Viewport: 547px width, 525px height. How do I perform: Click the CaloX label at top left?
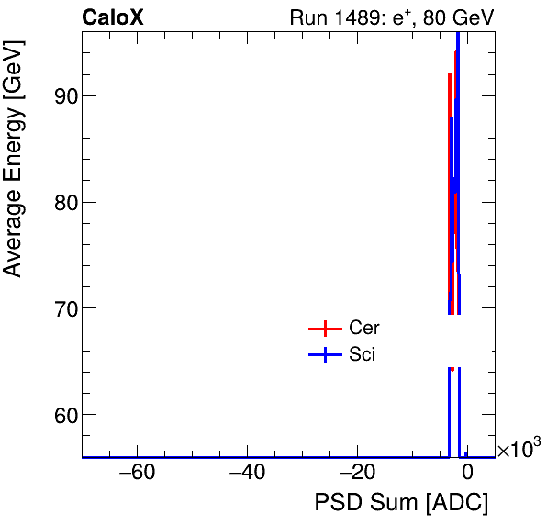pyautogui.click(x=112, y=17)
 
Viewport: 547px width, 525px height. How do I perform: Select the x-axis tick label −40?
pyautogui.click(x=247, y=474)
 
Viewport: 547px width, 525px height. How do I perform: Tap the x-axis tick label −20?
pyautogui.click(x=357, y=474)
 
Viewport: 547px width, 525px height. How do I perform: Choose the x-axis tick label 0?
pyautogui.click(x=467, y=474)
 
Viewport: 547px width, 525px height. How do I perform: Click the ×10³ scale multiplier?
pyautogui.click(x=519, y=449)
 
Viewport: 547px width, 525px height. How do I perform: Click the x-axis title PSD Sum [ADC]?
pyautogui.click(x=401, y=503)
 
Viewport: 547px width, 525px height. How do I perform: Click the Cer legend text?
pyautogui.click(x=364, y=328)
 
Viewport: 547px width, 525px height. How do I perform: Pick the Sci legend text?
pyautogui.click(x=362, y=355)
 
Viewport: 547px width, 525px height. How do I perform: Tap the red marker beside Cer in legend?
pyautogui.click(x=325, y=329)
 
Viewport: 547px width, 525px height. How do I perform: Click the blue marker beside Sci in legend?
pyautogui.click(x=325, y=356)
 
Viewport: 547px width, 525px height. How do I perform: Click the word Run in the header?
pyautogui.click(x=308, y=17)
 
